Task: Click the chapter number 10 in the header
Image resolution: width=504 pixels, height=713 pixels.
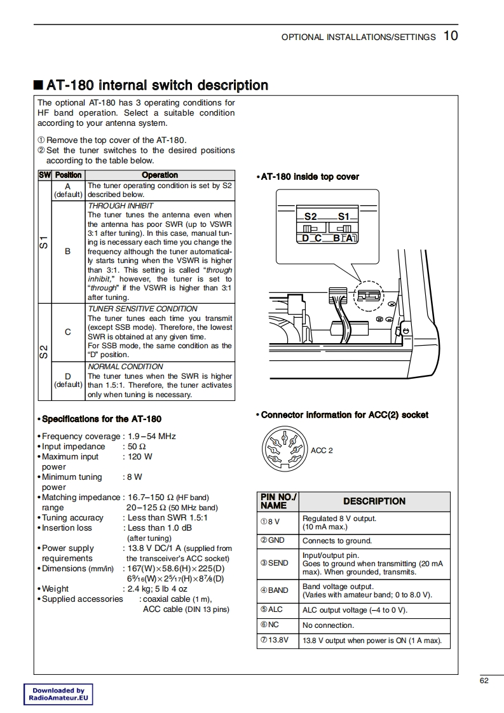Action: click(450, 36)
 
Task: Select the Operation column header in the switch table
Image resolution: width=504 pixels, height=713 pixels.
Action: click(160, 175)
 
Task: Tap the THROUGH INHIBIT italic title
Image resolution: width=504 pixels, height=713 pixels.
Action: click(121, 206)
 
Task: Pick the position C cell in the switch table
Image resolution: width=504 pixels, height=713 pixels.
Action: click(68, 332)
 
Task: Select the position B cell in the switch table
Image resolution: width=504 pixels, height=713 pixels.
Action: click(68, 252)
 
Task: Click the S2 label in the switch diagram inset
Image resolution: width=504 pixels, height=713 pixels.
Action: click(311, 217)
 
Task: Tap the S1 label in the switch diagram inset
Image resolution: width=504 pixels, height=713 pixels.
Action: click(344, 217)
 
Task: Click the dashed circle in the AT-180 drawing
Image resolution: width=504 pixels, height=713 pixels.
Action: click(369, 296)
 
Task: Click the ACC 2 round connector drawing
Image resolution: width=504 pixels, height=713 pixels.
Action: click(283, 449)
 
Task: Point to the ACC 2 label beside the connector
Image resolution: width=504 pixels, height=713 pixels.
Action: click(322, 451)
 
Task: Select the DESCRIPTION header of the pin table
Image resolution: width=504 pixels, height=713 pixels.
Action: click(374, 501)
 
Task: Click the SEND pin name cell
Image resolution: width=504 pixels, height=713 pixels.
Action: click(274, 563)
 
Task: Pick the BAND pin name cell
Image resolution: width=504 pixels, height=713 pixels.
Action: click(274, 590)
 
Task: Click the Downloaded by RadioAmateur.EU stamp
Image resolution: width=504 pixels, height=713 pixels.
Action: click(58, 694)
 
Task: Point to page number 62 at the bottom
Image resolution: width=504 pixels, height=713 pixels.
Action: click(484, 681)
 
